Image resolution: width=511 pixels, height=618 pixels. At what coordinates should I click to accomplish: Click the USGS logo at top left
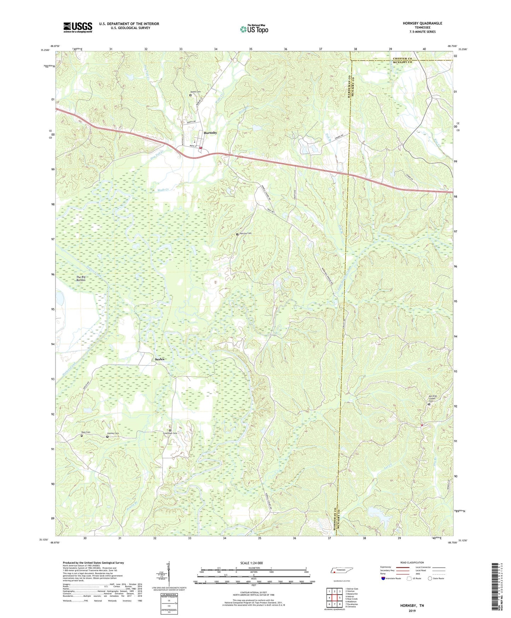point(78,27)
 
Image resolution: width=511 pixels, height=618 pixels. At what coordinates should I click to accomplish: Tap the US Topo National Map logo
point(254,29)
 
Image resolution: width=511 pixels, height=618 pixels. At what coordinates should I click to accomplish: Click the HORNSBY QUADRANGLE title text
point(422,23)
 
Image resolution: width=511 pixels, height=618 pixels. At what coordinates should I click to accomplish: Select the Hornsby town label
point(210,133)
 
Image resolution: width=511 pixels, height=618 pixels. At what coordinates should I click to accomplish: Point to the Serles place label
point(160,359)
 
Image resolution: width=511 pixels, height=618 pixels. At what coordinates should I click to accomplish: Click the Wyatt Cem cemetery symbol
point(190,95)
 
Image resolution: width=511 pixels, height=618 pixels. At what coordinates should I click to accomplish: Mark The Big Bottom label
point(81,279)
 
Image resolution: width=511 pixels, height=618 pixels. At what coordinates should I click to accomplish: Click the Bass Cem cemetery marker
point(82,436)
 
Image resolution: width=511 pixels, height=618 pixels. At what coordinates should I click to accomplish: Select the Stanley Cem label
point(113,434)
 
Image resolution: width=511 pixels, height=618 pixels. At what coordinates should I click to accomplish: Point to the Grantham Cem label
point(170,433)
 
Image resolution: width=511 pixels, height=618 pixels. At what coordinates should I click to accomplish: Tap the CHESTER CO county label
point(402,58)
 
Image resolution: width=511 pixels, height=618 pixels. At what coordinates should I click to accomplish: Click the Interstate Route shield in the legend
point(383,579)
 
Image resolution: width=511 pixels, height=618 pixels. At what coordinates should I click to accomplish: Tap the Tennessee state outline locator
point(343,571)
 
